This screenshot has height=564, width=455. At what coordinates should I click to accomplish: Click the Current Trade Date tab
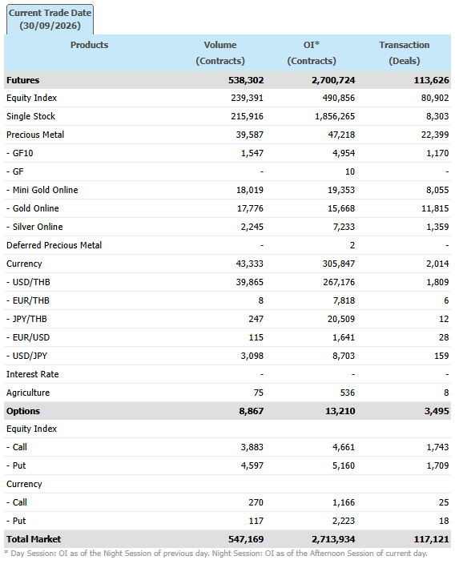click(x=50, y=19)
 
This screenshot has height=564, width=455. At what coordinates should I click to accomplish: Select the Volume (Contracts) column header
click(x=220, y=53)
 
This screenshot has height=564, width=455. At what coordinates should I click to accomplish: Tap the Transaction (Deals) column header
click(x=405, y=53)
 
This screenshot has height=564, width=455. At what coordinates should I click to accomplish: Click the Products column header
click(x=89, y=45)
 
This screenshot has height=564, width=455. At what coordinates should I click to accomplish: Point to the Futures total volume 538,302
click(x=246, y=80)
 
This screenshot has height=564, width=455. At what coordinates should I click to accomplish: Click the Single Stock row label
click(x=31, y=116)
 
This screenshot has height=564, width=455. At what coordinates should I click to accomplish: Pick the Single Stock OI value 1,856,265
click(x=335, y=116)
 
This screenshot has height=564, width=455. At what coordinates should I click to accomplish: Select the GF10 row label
click(x=20, y=153)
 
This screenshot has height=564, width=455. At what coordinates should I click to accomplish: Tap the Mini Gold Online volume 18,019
click(x=250, y=190)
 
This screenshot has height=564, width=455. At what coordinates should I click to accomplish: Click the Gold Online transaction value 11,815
click(x=435, y=208)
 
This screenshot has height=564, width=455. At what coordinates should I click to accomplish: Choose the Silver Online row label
click(x=34, y=227)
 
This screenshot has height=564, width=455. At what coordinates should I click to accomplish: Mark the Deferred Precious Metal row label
click(x=54, y=245)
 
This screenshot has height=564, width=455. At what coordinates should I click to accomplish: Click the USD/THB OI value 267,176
click(x=339, y=282)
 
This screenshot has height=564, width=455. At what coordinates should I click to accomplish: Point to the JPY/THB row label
click(x=26, y=319)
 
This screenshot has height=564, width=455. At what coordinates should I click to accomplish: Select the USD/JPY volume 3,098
click(x=252, y=356)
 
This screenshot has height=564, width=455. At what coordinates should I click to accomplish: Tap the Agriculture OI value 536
click(x=348, y=393)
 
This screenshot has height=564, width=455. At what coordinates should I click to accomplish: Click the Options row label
click(x=23, y=411)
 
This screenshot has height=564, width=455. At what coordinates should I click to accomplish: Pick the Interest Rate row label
click(x=32, y=374)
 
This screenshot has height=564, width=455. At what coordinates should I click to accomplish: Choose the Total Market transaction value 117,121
click(x=431, y=539)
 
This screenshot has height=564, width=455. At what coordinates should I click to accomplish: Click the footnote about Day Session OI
click(x=215, y=554)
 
